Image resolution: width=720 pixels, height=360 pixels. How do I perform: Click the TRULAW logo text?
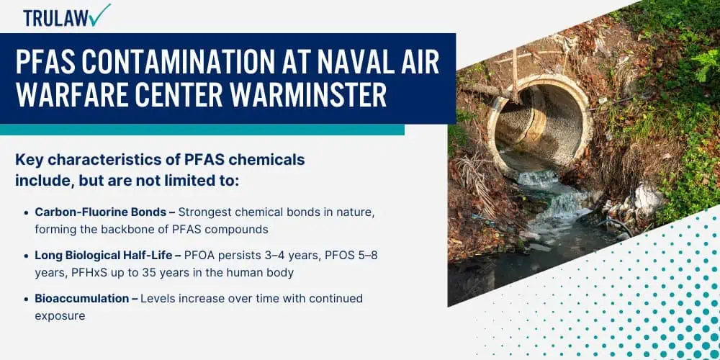point(56,17)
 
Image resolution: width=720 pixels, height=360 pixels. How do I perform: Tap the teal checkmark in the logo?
point(99,14)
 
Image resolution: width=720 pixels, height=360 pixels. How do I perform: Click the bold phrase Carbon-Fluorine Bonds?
point(99,212)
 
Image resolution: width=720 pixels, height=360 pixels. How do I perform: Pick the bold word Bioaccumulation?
point(82,299)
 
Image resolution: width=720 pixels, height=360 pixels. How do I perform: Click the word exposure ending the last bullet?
point(60,316)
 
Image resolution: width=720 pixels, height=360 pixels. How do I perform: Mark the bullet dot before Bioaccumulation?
point(26,300)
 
